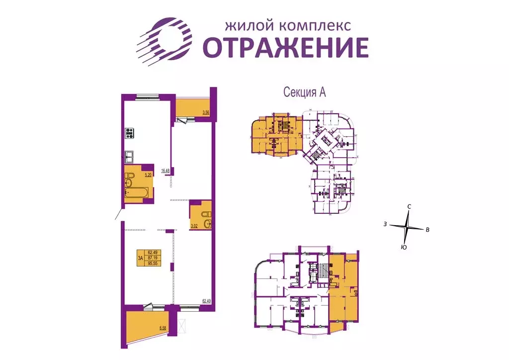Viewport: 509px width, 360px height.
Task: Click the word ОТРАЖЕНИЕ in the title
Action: tap(286, 48)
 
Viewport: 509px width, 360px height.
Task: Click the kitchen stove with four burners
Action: tap(130, 133)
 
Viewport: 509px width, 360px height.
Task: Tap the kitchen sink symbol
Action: tap(130, 156)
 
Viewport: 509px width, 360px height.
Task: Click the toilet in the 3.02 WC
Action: tap(205, 214)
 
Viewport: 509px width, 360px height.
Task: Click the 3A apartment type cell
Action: tap(140, 257)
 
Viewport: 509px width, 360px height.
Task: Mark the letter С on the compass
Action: tap(409, 206)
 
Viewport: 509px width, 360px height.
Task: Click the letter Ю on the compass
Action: tap(404, 247)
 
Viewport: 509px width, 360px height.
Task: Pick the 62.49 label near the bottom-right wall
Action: tap(205, 300)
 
